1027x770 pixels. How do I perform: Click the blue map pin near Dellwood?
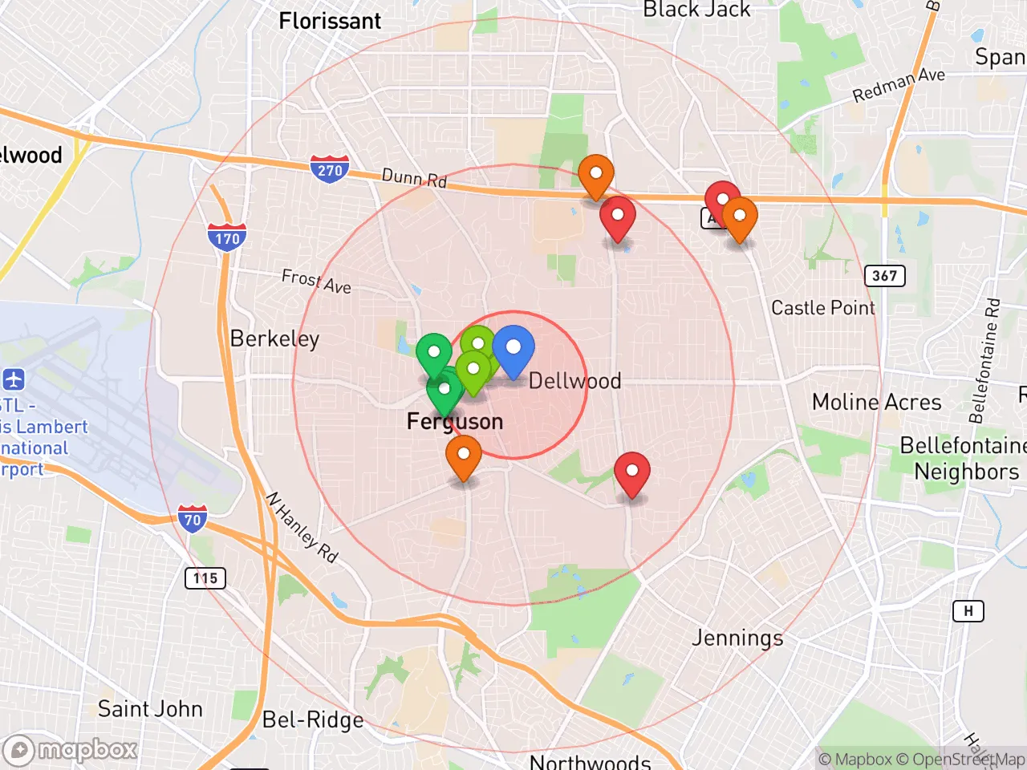[513, 350]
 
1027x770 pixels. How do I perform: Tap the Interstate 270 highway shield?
[330, 169]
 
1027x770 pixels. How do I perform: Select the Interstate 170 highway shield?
[227, 237]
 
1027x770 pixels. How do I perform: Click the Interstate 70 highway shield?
[193, 520]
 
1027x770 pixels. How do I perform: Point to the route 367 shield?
[884, 276]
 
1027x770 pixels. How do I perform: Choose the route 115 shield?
[205, 577]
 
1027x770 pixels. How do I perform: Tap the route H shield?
[968, 611]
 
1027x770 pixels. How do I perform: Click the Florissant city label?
[330, 21]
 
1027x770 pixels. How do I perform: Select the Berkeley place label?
[274, 338]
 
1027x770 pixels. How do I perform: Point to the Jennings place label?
[737, 638]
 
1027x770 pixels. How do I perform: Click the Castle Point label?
[823, 308]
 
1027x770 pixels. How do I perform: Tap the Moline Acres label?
[877, 402]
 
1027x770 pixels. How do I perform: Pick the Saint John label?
[150, 709]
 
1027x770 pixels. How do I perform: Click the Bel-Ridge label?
[313, 719]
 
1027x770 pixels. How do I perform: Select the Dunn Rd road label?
[414, 177]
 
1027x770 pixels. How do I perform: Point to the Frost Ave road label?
[316, 282]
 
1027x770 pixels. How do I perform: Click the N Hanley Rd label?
[302, 527]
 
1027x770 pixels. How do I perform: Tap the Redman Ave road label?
[899, 85]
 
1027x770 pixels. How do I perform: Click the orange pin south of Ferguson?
[464, 456]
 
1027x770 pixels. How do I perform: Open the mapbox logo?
[71, 751]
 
